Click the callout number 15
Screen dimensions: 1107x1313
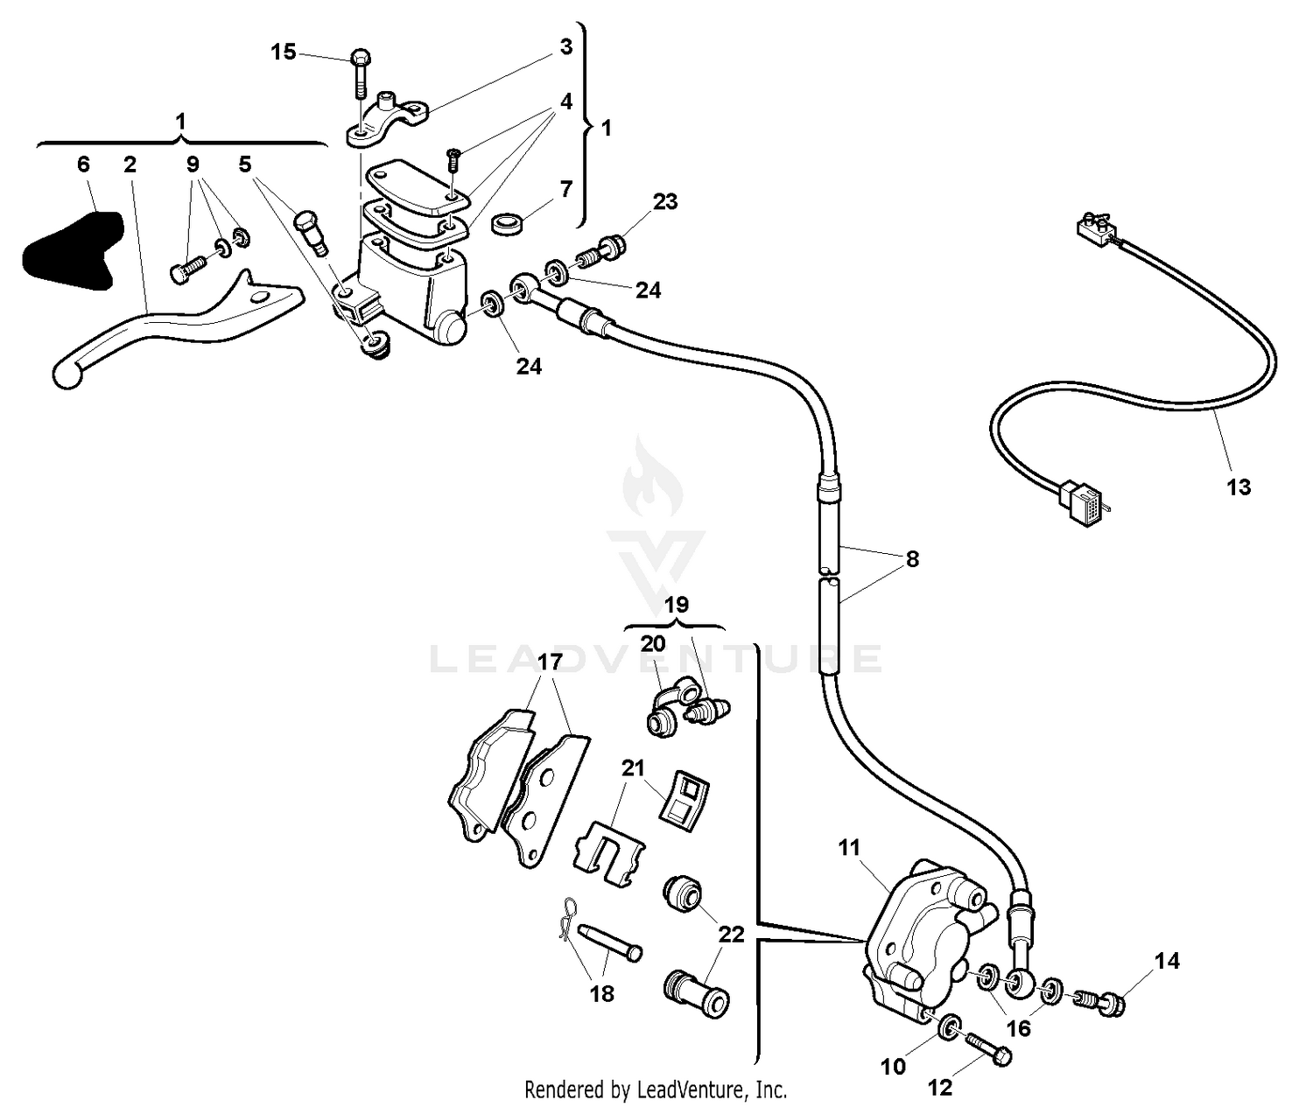(x=284, y=53)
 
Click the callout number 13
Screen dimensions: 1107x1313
(x=1239, y=487)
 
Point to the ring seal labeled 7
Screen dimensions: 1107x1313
(x=508, y=224)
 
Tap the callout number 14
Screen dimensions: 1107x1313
(x=1167, y=961)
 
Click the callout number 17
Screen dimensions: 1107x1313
(x=549, y=662)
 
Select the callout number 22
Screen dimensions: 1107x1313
(x=732, y=935)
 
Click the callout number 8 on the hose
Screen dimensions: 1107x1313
(x=912, y=558)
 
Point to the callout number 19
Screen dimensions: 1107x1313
(x=676, y=605)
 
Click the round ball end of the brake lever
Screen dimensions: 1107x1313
(x=66, y=375)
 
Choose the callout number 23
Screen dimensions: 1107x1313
(x=665, y=201)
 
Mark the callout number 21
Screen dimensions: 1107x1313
(x=633, y=768)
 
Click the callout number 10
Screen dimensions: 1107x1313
(x=893, y=1067)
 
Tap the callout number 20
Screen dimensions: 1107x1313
(x=653, y=643)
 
